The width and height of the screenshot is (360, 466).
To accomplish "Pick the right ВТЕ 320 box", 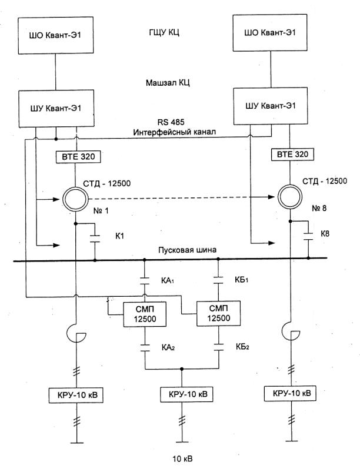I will pos(291,155).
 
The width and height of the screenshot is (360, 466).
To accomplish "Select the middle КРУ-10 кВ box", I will pos(182,393).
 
